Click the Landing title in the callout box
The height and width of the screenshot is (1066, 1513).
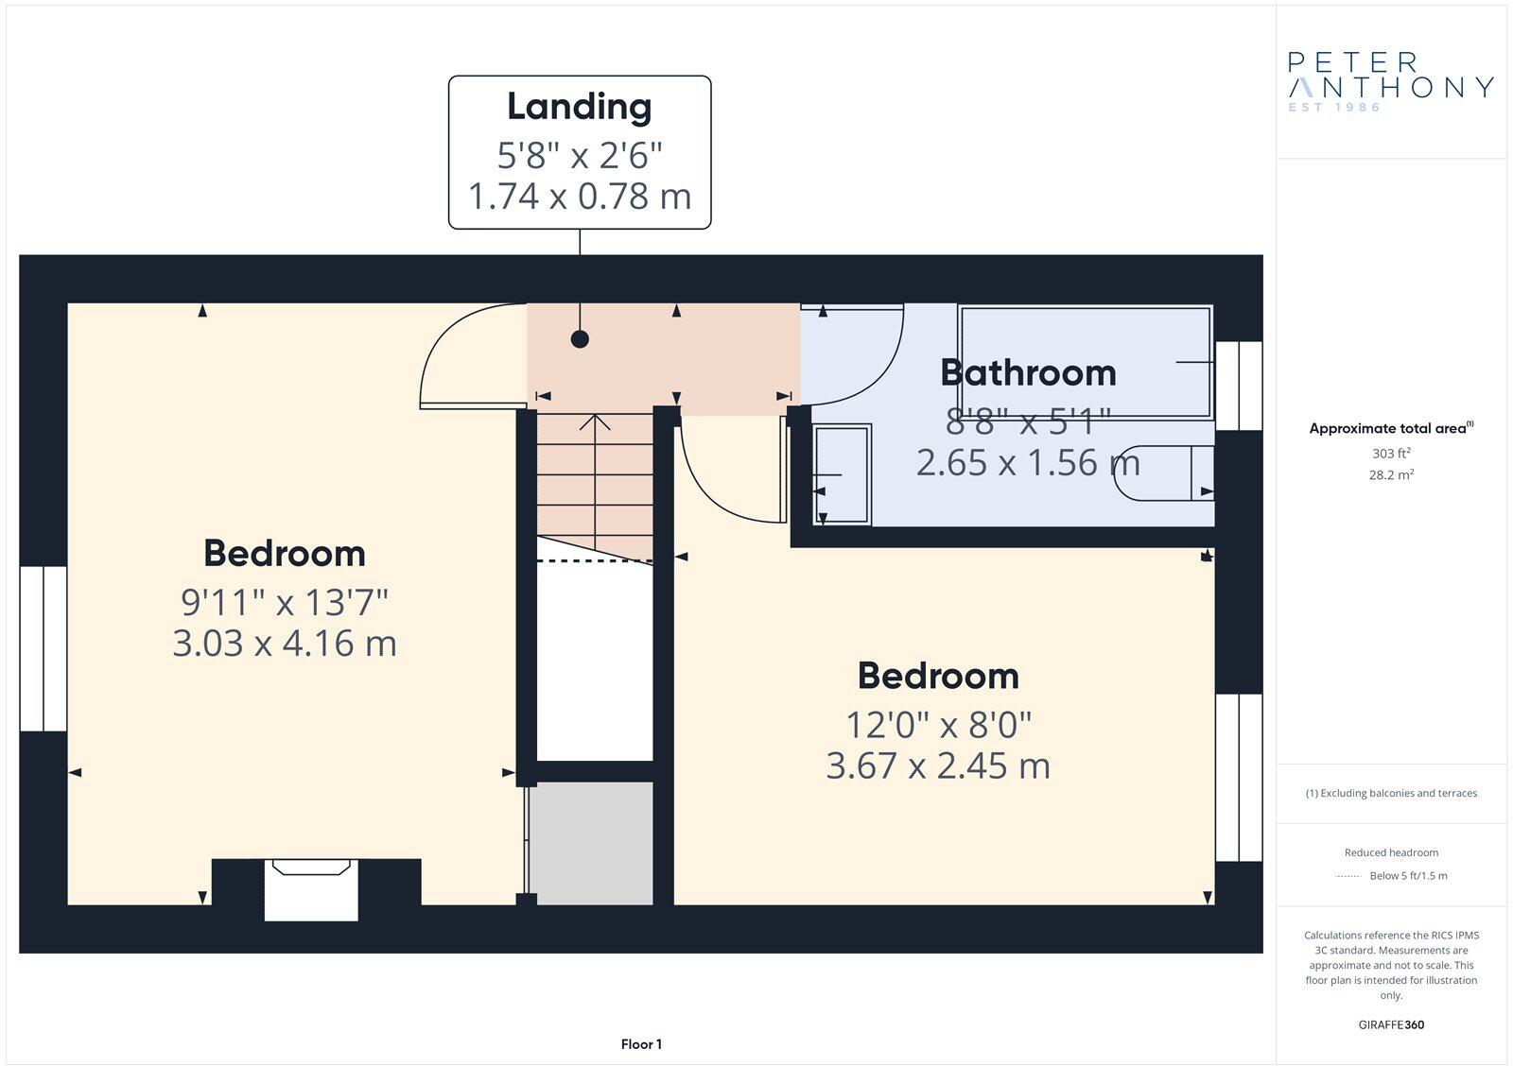(579, 107)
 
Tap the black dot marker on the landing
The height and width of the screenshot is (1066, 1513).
(580, 339)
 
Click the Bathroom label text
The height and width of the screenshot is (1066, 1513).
(1028, 372)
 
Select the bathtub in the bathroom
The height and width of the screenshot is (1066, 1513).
(1085, 360)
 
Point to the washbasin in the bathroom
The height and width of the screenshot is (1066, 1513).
(842, 473)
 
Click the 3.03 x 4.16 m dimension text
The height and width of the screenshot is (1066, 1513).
(284, 644)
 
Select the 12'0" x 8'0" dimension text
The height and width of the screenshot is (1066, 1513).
(937, 725)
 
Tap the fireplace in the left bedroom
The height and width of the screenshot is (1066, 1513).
(311, 888)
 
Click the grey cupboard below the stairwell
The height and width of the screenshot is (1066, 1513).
(591, 842)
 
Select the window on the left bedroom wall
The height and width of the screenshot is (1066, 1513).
(43, 648)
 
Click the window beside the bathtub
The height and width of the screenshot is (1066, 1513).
(1238, 386)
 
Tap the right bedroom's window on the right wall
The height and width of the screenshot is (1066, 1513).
(1238, 777)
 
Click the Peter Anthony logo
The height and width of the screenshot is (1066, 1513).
(1390, 81)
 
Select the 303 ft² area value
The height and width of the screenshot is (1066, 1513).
(1390, 454)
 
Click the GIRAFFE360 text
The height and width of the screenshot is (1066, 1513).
(1390, 1024)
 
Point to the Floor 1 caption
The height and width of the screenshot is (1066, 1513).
(641, 1044)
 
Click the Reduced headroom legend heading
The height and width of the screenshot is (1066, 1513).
(1390, 852)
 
